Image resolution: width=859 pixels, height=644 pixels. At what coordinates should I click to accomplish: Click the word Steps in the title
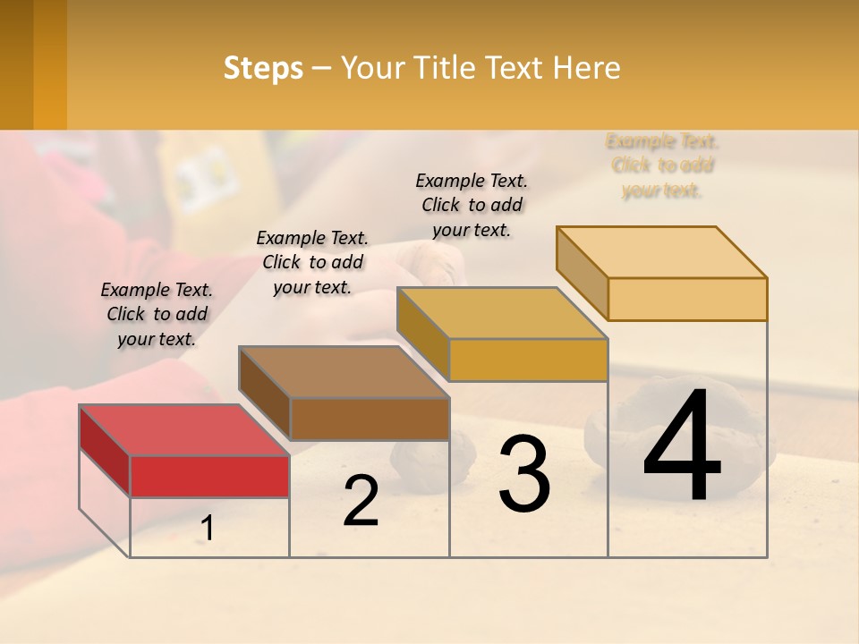pos(263,69)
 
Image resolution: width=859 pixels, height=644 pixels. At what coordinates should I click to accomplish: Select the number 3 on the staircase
pos(524,474)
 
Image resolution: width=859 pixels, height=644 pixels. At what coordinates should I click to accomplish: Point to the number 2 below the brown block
pos(361,501)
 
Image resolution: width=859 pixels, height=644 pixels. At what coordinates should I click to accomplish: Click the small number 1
pos(207,529)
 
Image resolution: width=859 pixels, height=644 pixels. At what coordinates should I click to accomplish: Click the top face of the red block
pos(184,430)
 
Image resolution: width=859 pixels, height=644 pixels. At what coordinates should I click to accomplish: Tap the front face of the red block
pos(209,476)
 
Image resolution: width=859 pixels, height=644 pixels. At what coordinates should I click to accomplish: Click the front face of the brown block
pos(370,419)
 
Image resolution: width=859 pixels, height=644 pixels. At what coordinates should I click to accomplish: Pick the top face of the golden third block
pos(502,313)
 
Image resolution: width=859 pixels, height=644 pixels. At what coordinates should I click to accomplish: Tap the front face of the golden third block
pos(528,360)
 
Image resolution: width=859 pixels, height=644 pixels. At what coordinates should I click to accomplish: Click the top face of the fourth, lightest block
pos(661,252)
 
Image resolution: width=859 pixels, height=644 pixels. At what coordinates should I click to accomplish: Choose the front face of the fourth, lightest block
pos(687,299)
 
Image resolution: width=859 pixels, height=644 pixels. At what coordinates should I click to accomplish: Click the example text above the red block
pos(157,314)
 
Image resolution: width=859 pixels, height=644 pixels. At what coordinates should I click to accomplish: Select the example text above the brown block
pos(312,262)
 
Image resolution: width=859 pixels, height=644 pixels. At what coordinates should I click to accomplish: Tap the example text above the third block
pos(472,205)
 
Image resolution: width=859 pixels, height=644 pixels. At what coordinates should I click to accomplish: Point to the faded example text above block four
pos(662,165)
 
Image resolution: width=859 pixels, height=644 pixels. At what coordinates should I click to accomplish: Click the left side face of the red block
pos(105,450)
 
